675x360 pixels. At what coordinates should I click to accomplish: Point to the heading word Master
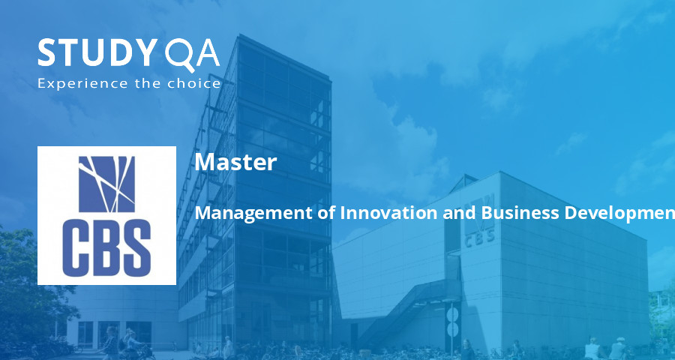(235, 162)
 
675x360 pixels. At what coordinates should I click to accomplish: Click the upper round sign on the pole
(452, 313)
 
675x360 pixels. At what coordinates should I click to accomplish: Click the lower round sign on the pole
(452, 329)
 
